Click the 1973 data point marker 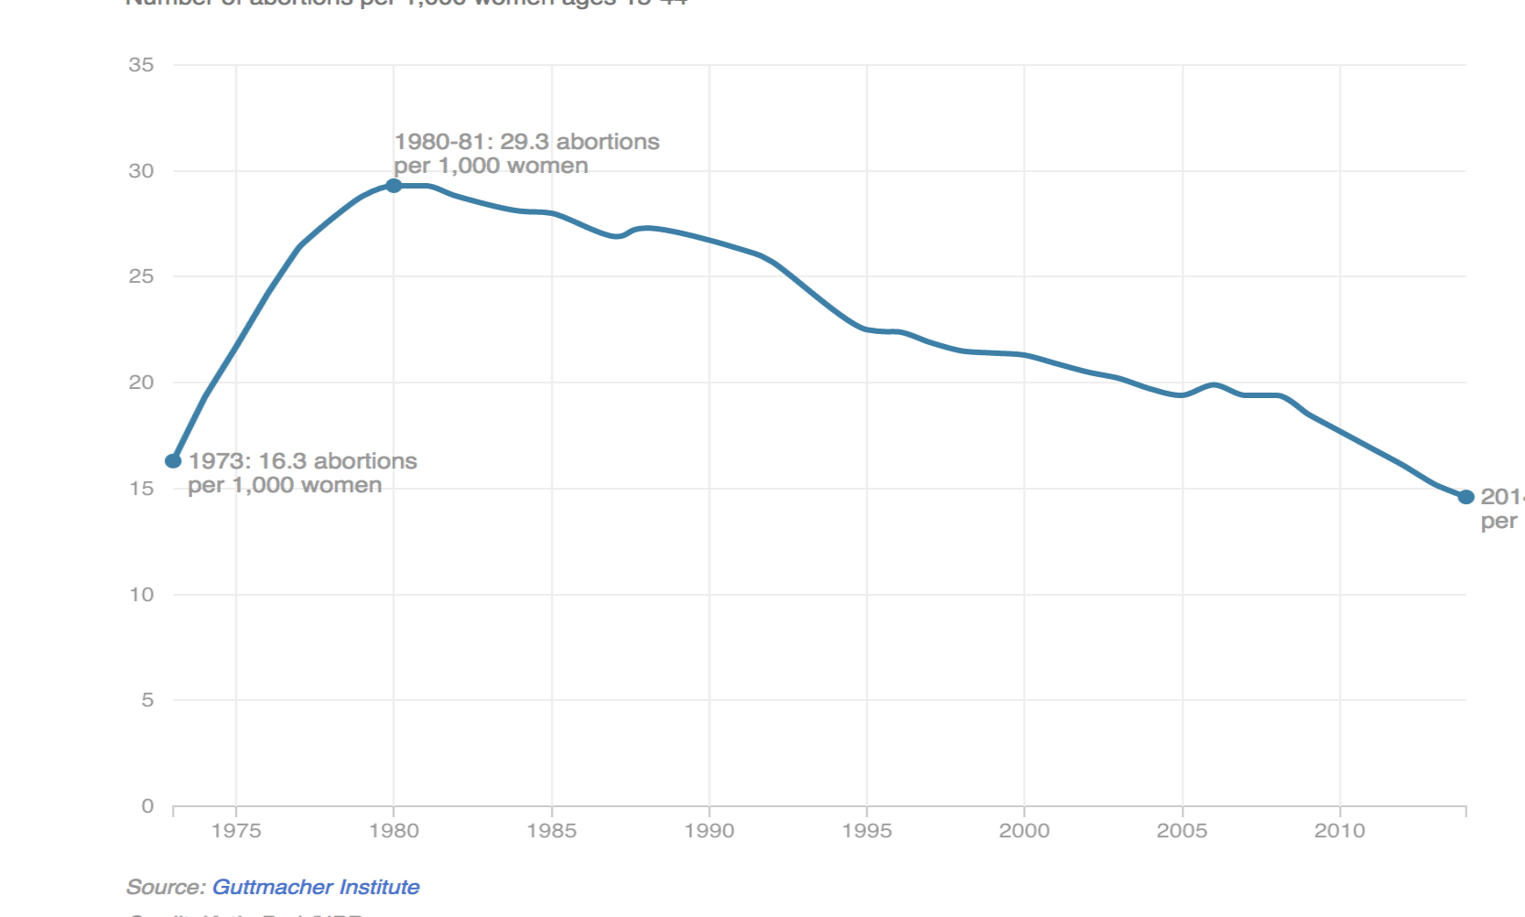tap(173, 460)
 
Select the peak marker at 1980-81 tap(394, 186)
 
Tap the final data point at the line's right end tap(1466, 497)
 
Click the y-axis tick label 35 tap(141, 65)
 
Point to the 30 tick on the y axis tap(141, 171)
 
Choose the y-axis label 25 tap(141, 276)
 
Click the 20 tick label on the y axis tap(141, 383)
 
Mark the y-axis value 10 tap(141, 595)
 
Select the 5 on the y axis tap(147, 700)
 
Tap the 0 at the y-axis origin tap(147, 806)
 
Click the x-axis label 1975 tap(236, 831)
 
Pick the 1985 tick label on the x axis tap(551, 831)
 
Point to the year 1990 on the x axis tap(709, 831)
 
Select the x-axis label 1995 tap(867, 831)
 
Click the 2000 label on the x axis tap(1024, 831)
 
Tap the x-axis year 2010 tap(1339, 831)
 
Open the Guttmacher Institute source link tap(316, 887)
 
